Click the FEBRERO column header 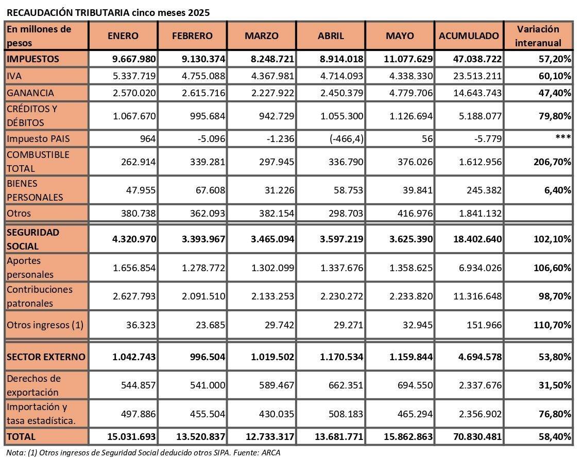point(192,36)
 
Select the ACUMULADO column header point(469,36)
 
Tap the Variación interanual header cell point(538,36)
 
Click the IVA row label point(14,76)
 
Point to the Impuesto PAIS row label point(38,138)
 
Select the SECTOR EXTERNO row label point(46,357)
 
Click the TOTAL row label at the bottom point(21,436)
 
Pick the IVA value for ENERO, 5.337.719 point(134,76)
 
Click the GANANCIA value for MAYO point(411,93)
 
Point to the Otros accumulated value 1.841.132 point(481,213)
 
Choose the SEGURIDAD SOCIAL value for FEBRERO point(203,239)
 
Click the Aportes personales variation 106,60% point(552,268)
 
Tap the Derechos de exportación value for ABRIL point(346,385)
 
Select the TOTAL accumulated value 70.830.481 point(477,436)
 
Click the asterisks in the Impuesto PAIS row point(563,137)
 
